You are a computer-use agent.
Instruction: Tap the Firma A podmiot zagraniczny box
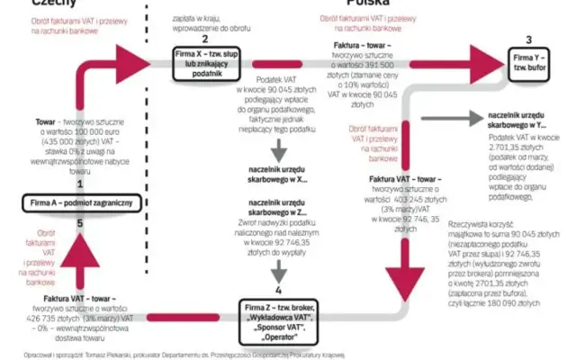[80, 202]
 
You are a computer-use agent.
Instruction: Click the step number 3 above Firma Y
[530, 40]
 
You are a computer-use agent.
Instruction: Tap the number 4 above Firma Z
[278, 291]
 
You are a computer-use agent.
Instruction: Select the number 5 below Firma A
[80, 223]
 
